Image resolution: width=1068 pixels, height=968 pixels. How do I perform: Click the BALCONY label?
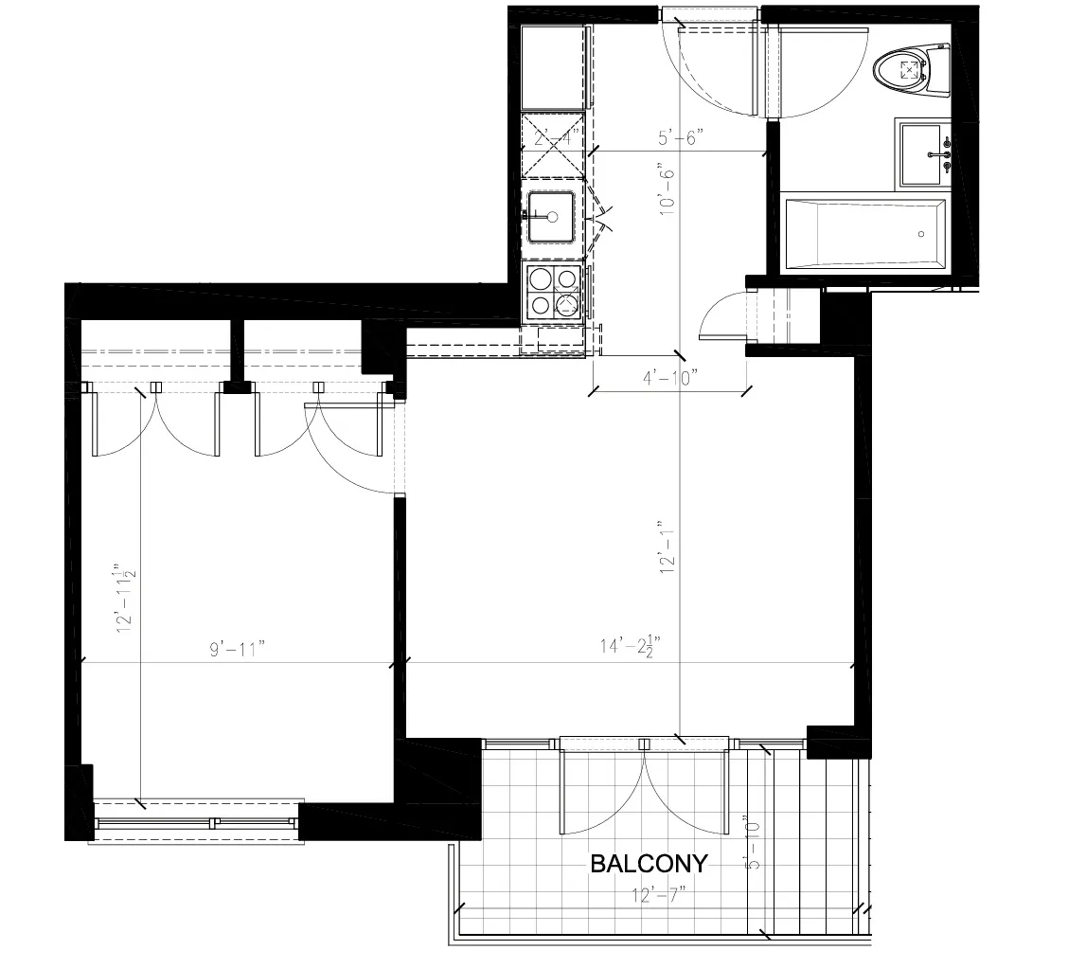(x=649, y=863)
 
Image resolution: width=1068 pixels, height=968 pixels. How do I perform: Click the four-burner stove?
(x=553, y=291)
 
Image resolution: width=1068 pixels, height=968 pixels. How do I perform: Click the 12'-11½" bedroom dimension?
(x=124, y=600)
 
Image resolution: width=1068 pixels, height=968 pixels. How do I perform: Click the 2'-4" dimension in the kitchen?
(x=551, y=138)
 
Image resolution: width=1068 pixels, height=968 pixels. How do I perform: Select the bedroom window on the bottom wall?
(x=197, y=822)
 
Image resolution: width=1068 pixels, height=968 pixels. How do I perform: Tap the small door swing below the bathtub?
(x=724, y=315)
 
